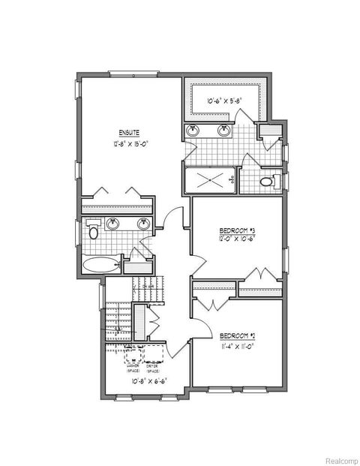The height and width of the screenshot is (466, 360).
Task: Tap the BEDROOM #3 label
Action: tap(237, 230)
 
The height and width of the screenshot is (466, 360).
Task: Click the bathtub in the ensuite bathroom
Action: tap(100, 265)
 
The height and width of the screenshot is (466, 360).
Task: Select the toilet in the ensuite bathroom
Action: tap(93, 230)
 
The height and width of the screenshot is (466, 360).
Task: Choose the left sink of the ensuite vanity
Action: tap(114, 224)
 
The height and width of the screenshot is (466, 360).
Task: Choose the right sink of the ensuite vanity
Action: tap(142, 224)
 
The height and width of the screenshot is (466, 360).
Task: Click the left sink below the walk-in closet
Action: tap(195, 131)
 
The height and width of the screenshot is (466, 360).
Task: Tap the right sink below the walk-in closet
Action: tap(223, 131)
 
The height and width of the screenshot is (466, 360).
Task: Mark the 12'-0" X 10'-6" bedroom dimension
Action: tap(237, 239)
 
